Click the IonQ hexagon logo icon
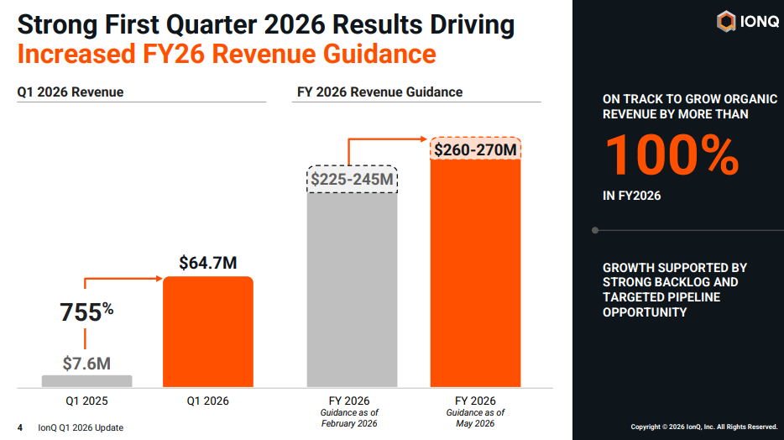coord(726,22)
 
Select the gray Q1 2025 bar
coord(87,381)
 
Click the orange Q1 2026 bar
coord(208,332)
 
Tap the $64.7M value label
coord(208,263)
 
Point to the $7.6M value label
coord(86,364)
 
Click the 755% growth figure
coord(86,312)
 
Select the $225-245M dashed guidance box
coord(352,179)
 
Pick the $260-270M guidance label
coord(475,149)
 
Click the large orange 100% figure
coord(672,155)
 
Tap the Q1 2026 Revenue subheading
coord(71,92)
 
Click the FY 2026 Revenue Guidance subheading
coord(380,92)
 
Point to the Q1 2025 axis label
coord(86,401)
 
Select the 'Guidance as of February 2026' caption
coord(349,418)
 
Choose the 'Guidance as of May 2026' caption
coord(475,418)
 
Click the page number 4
coord(20,427)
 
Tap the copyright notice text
coord(704,427)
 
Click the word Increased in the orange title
coord(76,54)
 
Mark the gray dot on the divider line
coord(595,231)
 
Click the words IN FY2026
coord(631,196)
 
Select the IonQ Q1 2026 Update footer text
coord(81,427)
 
